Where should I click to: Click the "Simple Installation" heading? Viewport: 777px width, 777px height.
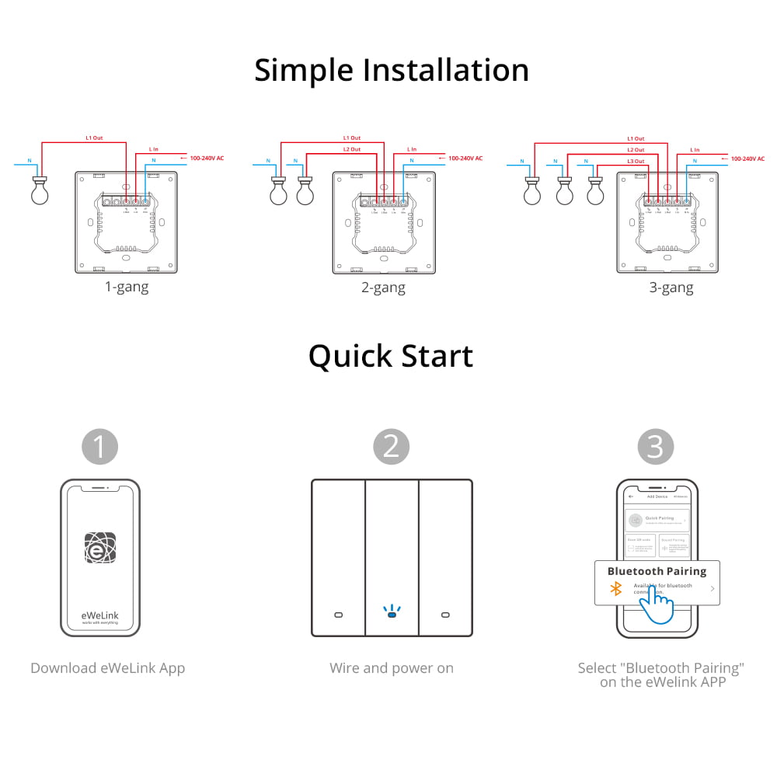[391, 70]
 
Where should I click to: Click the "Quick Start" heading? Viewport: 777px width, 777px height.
[391, 356]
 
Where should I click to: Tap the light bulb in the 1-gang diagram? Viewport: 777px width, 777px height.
[40, 191]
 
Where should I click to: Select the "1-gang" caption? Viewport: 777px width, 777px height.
[127, 287]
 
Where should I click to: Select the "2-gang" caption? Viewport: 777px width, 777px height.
[384, 287]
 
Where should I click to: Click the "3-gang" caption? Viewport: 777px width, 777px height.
[671, 287]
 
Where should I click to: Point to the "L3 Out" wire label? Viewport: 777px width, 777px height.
[635, 161]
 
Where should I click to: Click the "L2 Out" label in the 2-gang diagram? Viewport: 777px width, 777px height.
[351, 149]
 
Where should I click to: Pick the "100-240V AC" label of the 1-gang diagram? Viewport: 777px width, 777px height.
[207, 158]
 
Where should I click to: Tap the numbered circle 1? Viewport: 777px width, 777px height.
[100, 447]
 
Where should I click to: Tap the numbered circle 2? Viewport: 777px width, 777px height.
[391, 447]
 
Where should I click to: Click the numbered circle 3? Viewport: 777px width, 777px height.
[656, 447]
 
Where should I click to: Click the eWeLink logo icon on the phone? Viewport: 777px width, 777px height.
[100, 548]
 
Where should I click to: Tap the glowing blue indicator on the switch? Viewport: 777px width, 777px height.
[392, 614]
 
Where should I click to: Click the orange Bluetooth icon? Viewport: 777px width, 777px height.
[615, 589]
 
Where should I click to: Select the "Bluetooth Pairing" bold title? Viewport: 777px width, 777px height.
[657, 571]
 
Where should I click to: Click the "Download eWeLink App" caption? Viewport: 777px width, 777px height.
[108, 668]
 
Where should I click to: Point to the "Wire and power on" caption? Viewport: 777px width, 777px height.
[392, 668]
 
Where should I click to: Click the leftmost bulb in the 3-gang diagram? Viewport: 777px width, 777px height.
[532, 192]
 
